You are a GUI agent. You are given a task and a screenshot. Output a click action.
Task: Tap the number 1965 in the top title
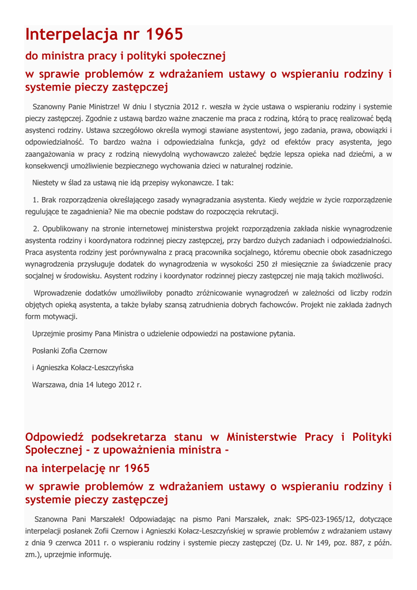click(x=164, y=35)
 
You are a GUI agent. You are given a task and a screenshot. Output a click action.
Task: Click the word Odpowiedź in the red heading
click(x=54, y=436)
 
